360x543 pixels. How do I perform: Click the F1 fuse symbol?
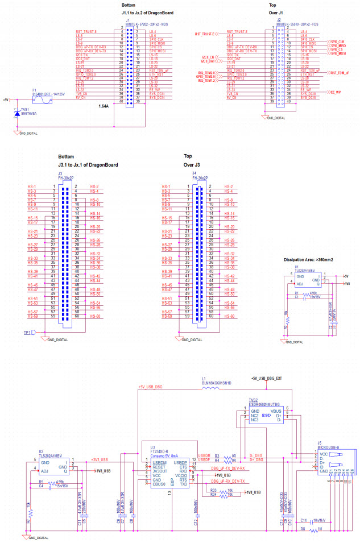coord(42,100)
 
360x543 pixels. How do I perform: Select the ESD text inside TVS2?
coord(265,414)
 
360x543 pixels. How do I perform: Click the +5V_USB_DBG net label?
coord(149,387)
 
